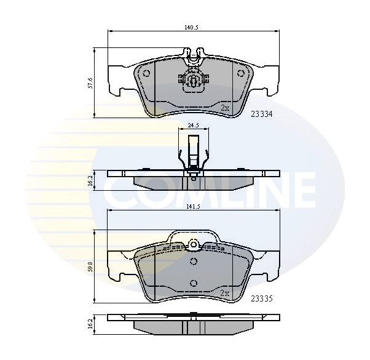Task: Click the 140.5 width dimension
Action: pyautogui.click(x=193, y=27)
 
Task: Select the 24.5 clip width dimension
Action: pyautogui.click(x=193, y=126)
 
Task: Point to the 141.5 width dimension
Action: pyautogui.click(x=193, y=207)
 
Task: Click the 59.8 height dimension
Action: pyautogui.click(x=90, y=266)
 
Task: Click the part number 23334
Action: pyautogui.click(x=261, y=114)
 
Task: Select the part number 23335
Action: pyautogui.click(x=261, y=299)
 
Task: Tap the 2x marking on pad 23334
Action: pyautogui.click(x=224, y=108)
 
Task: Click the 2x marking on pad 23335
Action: pyautogui.click(x=224, y=294)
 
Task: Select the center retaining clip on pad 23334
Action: pyautogui.click(x=193, y=80)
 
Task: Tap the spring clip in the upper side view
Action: pyautogui.click(x=193, y=154)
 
